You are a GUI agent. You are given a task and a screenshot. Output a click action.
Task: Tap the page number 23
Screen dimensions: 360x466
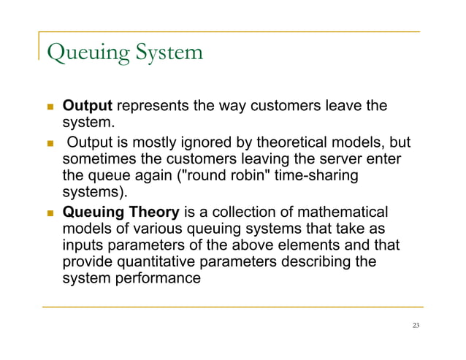pyautogui.click(x=416, y=326)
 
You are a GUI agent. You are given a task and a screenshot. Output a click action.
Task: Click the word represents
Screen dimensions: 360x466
pyautogui.click(x=151, y=107)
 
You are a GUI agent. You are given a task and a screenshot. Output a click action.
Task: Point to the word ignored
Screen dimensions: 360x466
pyautogui.click(x=213, y=142)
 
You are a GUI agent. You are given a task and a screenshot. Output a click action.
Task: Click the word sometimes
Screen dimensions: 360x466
pyautogui.click(x=101, y=160)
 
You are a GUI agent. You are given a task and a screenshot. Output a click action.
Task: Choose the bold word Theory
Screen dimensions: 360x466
pyautogui.click(x=153, y=213)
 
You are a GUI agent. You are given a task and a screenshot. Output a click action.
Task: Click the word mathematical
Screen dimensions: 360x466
pyautogui.click(x=343, y=213)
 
